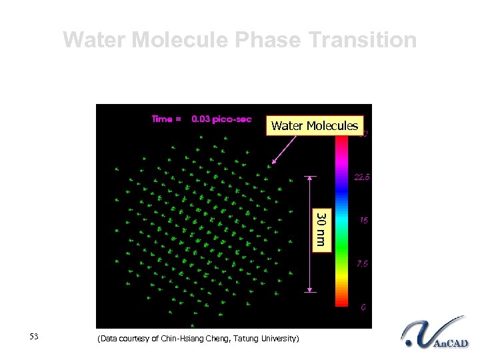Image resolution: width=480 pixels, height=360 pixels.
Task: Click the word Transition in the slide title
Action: click(x=364, y=40)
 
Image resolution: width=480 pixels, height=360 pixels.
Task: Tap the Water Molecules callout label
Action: click(x=315, y=125)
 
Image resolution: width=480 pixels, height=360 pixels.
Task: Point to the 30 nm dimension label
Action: click(x=321, y=229)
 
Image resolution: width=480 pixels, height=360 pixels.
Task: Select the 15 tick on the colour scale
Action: click(x=363, y=220)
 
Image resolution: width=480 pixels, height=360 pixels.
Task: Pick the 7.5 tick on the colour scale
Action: click(x=362, y=263)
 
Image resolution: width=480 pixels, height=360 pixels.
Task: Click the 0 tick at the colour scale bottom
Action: click(x=363, y=307)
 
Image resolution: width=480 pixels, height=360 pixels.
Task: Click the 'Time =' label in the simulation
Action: click(x=166, y=119)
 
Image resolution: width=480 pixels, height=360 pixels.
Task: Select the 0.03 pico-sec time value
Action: click(x=221, y=119)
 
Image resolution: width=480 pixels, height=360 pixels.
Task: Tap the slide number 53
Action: click(x=35, y=336)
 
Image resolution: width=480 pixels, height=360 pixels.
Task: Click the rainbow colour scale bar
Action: click(x=341, y=220)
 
